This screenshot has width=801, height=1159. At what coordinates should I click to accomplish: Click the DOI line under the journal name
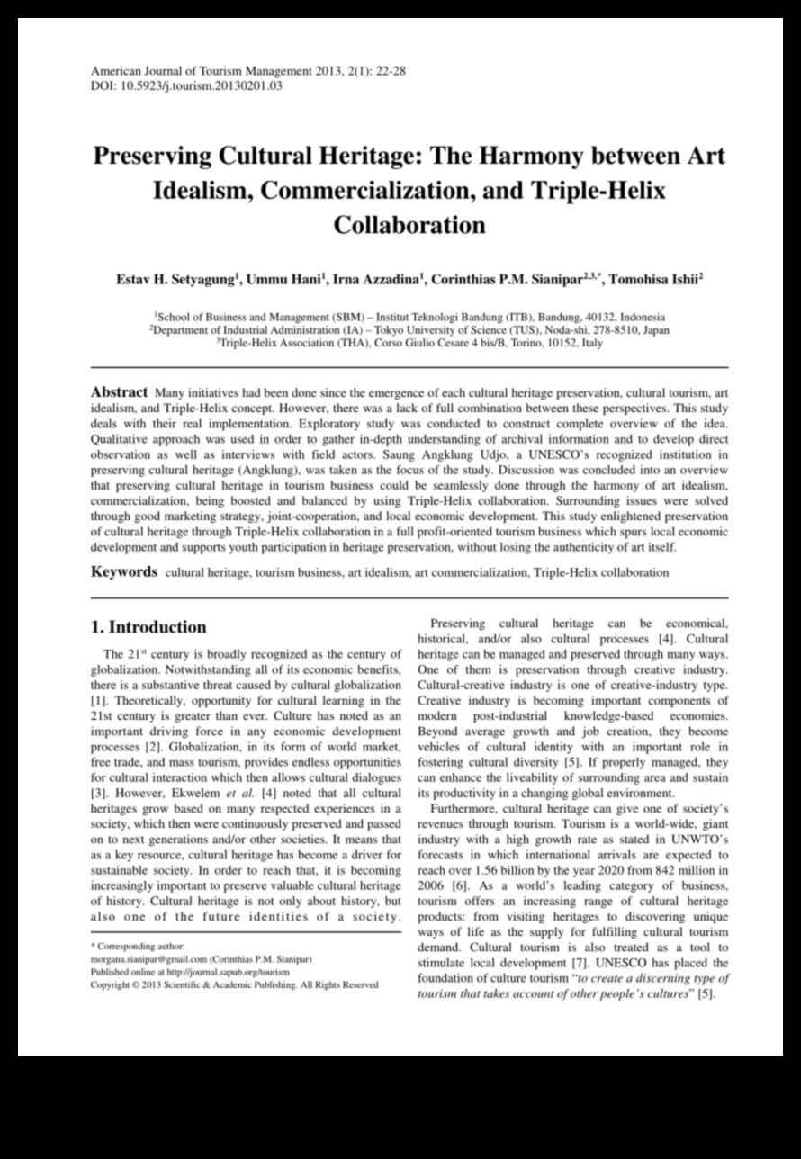pos(187,86)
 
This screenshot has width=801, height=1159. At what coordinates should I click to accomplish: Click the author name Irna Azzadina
pos(377,280)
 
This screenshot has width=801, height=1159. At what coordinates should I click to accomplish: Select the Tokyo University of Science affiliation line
pos(409,330)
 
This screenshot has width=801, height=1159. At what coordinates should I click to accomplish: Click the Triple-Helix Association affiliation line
pos(409,343)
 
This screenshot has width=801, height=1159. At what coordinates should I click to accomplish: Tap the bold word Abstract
pos(120,393)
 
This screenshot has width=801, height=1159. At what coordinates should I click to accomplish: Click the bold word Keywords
pos(124,572)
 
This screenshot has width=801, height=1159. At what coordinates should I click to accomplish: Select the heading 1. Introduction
pos(149,627)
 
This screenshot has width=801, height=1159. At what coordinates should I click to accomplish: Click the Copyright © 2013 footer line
pos(235,984)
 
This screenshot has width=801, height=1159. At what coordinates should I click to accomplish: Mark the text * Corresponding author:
pos(138,947)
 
